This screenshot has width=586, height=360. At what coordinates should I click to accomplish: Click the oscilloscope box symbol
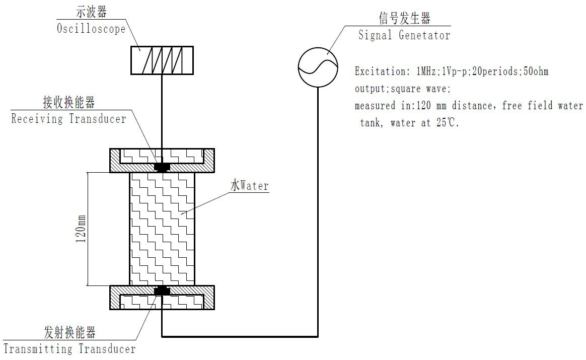(162, 60)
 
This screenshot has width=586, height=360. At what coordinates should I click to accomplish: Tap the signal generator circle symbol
(318, 67)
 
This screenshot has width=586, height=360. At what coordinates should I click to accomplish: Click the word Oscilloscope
(91, 29)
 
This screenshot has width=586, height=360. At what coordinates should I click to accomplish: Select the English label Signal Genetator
(404, 35)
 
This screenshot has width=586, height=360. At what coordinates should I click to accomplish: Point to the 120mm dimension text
(81, 229)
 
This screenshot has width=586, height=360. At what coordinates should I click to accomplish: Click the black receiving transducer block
(162, 167)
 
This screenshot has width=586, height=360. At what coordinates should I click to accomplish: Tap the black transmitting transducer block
(162, 291)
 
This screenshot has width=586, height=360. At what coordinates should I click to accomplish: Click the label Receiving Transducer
(69, 119)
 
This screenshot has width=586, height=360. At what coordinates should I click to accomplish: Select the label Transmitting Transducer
(69, 349)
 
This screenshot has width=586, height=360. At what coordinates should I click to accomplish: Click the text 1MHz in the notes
(426, 71)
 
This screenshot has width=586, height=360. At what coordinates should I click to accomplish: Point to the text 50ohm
(536, 71)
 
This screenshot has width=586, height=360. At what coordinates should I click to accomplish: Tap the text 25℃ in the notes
(447, 122)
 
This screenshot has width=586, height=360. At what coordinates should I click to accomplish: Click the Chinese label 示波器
(91, 12)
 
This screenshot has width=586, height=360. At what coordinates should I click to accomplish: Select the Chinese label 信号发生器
(404, 18)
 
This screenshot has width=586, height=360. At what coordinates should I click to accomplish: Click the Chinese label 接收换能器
(69, 102)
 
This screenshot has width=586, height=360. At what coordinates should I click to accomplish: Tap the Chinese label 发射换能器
(69, 332)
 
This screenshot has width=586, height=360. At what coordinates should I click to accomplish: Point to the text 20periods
(496, 71)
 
